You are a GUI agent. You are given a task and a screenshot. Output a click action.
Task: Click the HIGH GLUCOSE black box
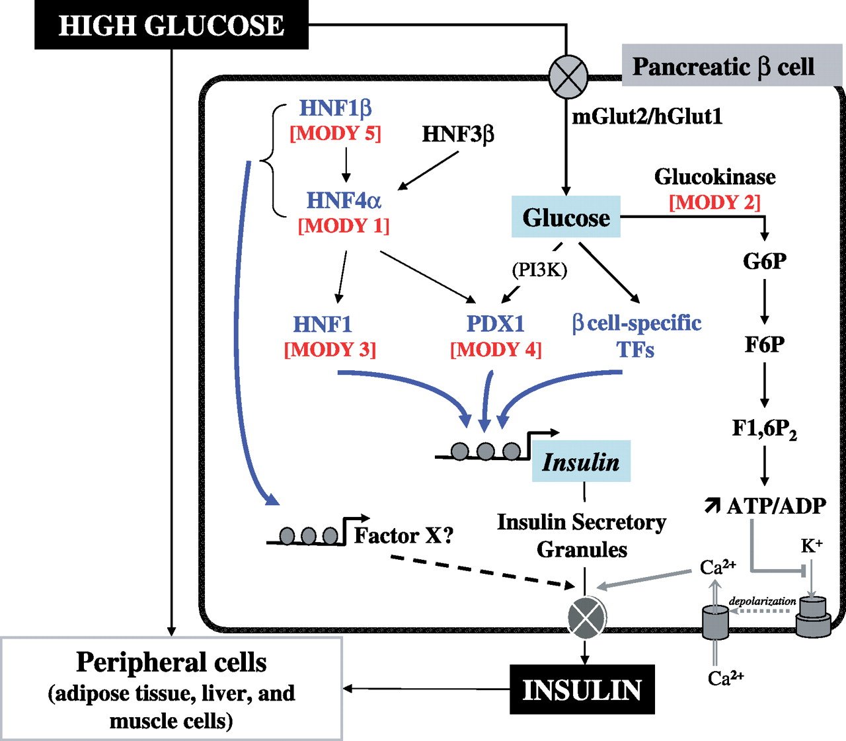(171, 25)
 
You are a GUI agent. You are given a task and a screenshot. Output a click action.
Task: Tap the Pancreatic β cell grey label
(723, 66)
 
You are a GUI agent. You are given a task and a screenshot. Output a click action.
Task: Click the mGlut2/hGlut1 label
(646, 117)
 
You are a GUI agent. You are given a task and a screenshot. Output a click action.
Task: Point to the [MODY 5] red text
(336, 133)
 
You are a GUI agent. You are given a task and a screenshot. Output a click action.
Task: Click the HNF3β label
(457, 134)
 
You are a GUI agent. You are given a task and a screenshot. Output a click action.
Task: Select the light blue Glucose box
(566, 217)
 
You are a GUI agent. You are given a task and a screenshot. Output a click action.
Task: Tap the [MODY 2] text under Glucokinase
(714, 202)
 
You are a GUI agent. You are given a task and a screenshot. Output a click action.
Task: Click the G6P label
(765, 262)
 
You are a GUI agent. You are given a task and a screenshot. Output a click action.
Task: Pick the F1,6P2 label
(764, 430)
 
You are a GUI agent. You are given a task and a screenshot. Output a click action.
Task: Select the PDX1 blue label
(495, 324)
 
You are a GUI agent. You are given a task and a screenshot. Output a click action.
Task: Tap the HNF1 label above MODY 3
(323, 324)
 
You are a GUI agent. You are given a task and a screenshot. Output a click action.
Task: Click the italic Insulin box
(581, 461)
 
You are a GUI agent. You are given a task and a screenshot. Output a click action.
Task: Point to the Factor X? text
(404, 535)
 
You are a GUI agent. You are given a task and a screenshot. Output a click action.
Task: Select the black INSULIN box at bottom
(582, 690)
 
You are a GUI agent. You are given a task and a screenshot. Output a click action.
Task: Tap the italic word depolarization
(762, 602)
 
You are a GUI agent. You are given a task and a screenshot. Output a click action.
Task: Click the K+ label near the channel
(812, 546)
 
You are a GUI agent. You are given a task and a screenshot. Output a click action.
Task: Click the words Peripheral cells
(171, 662)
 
